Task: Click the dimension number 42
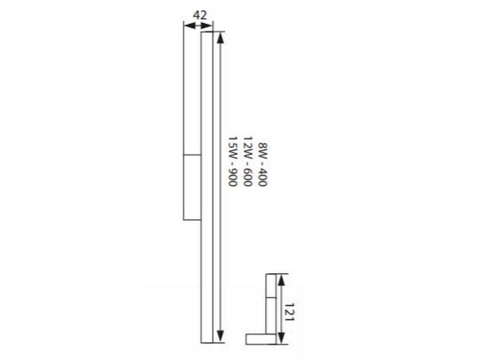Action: [x=200, y=15]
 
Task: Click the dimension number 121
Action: [x=289, y=312]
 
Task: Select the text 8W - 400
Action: [x=262, y=164]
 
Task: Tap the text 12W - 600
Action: [x=247, y=161]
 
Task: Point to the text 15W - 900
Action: [x=232, y=161]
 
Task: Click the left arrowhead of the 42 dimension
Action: [x=189, y=26]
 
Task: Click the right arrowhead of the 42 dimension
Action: [x=206, y=26]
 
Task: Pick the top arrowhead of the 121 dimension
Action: [x=281, y=280]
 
